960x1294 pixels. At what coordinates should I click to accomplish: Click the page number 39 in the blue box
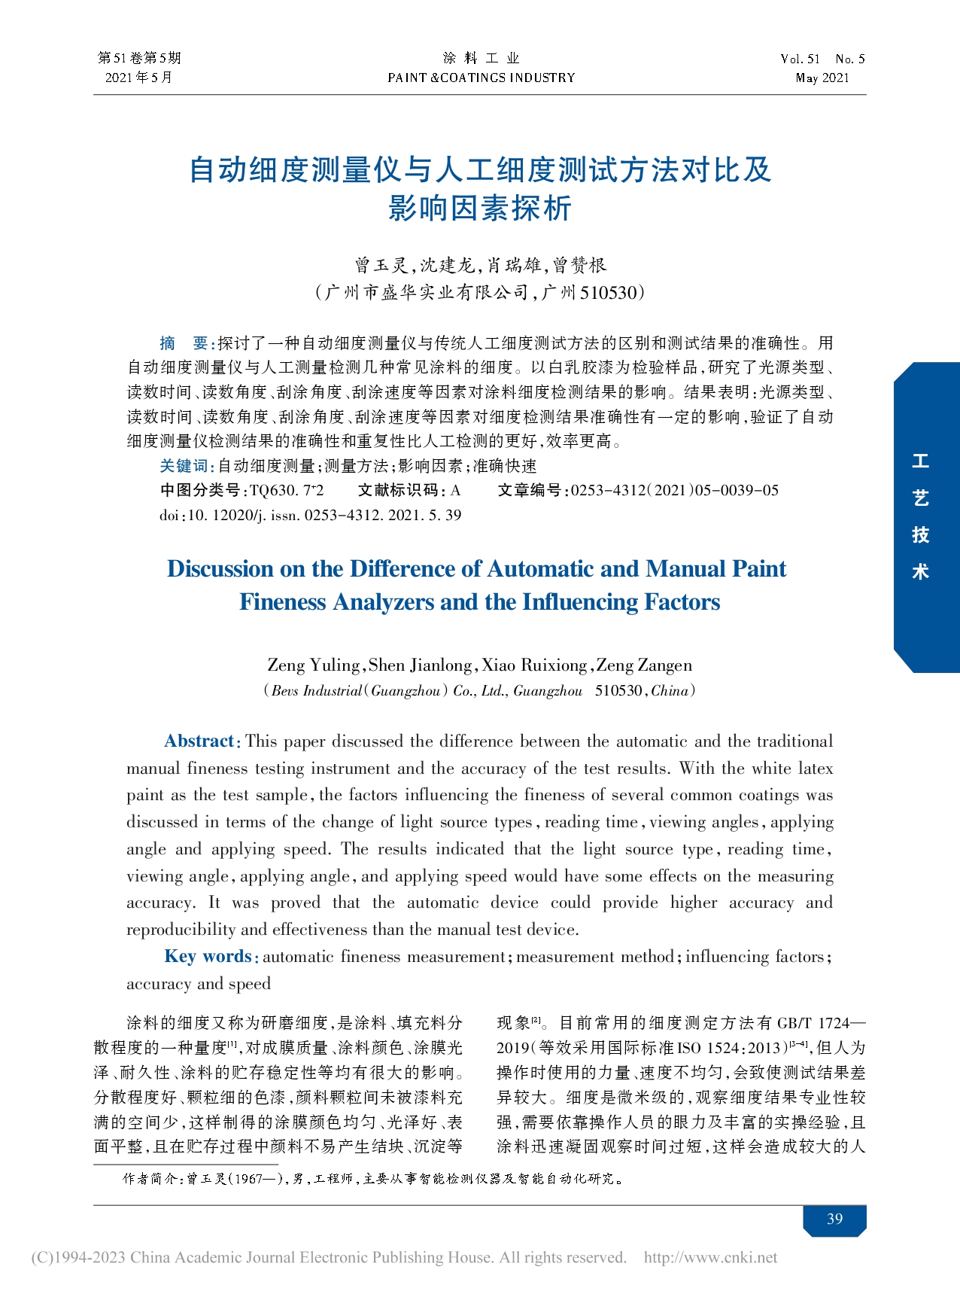coord(834,1219)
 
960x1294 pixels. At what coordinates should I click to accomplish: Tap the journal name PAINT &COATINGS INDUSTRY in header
coord(481,78)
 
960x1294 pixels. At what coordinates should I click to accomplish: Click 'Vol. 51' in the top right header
coord(800,59)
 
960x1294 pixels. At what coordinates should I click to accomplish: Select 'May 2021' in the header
coord(822,78)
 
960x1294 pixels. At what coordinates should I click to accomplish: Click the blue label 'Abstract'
coord(199,741)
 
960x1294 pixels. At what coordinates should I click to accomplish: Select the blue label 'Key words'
coord(208,956)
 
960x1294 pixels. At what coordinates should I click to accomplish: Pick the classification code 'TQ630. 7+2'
coord(286,490)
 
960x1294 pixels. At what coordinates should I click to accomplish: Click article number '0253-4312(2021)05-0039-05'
coord(674,490)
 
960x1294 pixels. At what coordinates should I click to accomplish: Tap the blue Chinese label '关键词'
coord(185,466)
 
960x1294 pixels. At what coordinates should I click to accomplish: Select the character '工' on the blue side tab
coord(920,461)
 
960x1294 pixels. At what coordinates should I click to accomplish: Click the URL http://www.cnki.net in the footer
coord(710,1257)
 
